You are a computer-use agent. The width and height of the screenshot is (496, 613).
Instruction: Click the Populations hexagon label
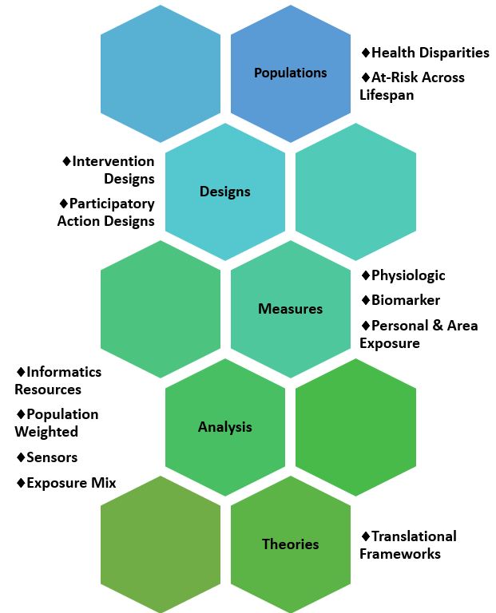pyautogui.click(x=290, y=73)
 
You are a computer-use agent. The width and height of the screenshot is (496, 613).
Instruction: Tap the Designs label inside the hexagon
pyautogui.click(x=225, y=192)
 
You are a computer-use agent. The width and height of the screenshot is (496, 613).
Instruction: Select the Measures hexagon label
pyautogui.click(x=290, y=309)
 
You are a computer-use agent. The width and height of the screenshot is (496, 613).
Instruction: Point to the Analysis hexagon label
pyautogui.click(x=225, y=427)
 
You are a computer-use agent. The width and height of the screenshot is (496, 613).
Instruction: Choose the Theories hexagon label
pyautogui.click(x=290, y=544)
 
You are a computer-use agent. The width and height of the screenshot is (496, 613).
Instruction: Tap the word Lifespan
pyautogui.click(x=387, y=95)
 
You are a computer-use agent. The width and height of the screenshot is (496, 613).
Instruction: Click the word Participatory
pyautogui.click(x=112, y=204)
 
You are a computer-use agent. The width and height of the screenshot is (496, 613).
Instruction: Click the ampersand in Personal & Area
pyautogui.click(x=438, y=326)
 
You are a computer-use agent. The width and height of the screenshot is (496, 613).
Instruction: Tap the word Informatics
pyautogui.click(x=64, y=372)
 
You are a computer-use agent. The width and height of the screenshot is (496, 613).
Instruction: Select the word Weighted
pyautogui.click(x=46, y=432)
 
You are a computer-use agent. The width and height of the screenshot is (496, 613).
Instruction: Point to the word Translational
pyautogui.click(x=414, y=536)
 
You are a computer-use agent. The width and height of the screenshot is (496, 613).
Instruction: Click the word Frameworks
pyautogui.click(x=400, y=554)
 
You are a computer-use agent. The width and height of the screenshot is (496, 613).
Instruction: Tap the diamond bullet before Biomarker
pyautogui.click(x=366, y=300)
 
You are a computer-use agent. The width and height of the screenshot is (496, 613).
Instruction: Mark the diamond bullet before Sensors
pyautogui.click(x=21, y=457)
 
